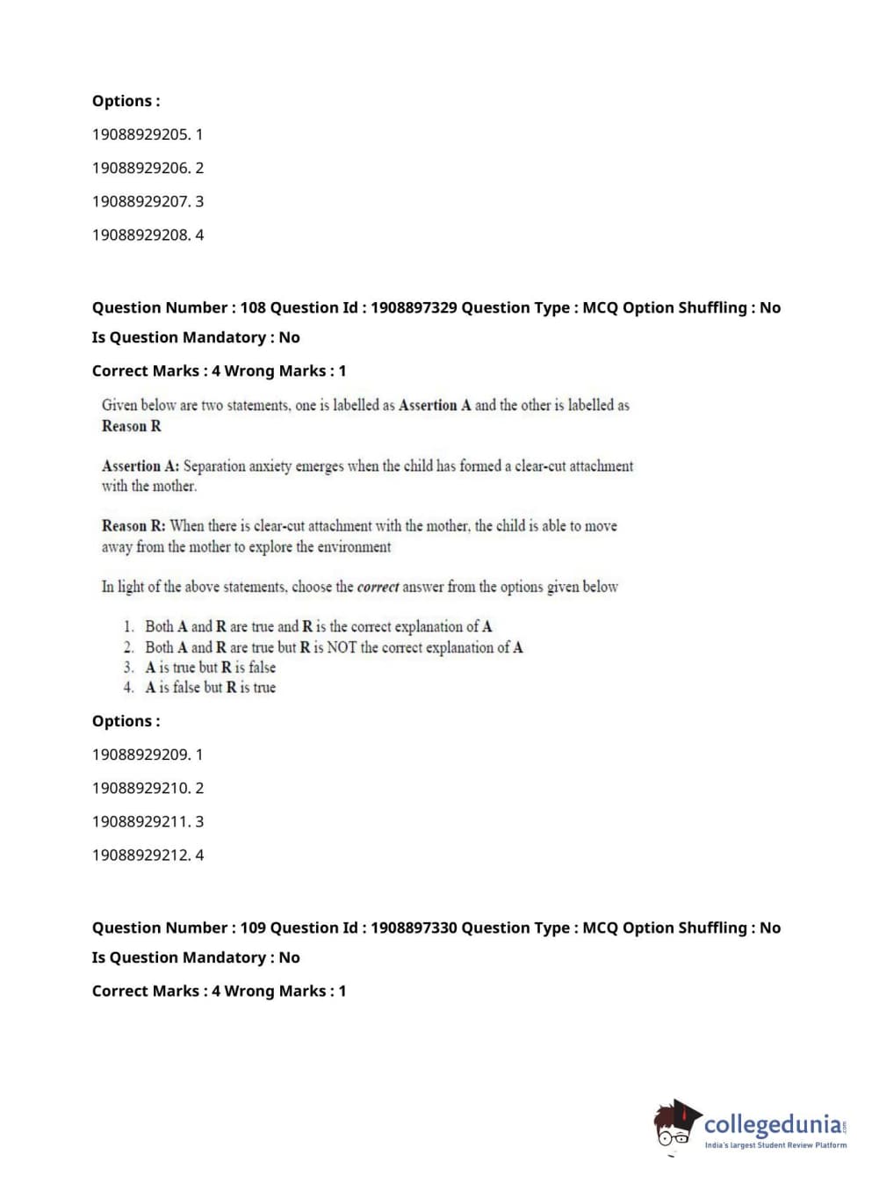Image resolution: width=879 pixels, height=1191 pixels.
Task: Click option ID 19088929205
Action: pyautogui.click(x=147, y=134)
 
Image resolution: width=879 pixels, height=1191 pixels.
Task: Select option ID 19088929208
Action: pyautogui.click(x=147, y=235)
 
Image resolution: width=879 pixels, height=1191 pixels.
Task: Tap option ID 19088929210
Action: pyautogui.click(x=147, y=788)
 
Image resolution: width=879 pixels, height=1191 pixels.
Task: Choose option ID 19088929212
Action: pyautogui.click(x=147, y=855)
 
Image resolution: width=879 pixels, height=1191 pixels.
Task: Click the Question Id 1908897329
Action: pyautogui.click(x=414, y=307)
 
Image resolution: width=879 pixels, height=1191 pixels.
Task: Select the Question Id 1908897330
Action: pyautogui.click(x=414, y=928)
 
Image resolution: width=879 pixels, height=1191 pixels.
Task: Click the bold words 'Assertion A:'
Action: pyautogui.click(x=140, y=466)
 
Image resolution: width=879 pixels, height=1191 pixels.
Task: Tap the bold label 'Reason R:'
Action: pyautogui.click(x=133, y=526)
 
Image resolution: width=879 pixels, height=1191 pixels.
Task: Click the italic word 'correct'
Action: pyautogui.click(x=378, y=587)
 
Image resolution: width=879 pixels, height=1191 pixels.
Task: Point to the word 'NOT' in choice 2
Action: pyautogui.click(x=342, y=647)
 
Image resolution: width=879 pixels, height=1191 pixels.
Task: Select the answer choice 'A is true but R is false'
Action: pyautogui.click(x=210, y=668)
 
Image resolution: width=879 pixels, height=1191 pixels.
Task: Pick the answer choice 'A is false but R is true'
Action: pyautogui.click(x=210, y=688)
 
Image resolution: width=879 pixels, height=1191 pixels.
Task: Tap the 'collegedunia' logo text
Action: pyautogui.click(x=773, y=1123)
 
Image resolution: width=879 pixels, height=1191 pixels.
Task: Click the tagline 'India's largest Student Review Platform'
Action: pyautogui.click(x=775, y=1144)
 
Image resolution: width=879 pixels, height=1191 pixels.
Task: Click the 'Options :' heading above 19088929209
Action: pyautogui.click(x=126, y=721)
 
